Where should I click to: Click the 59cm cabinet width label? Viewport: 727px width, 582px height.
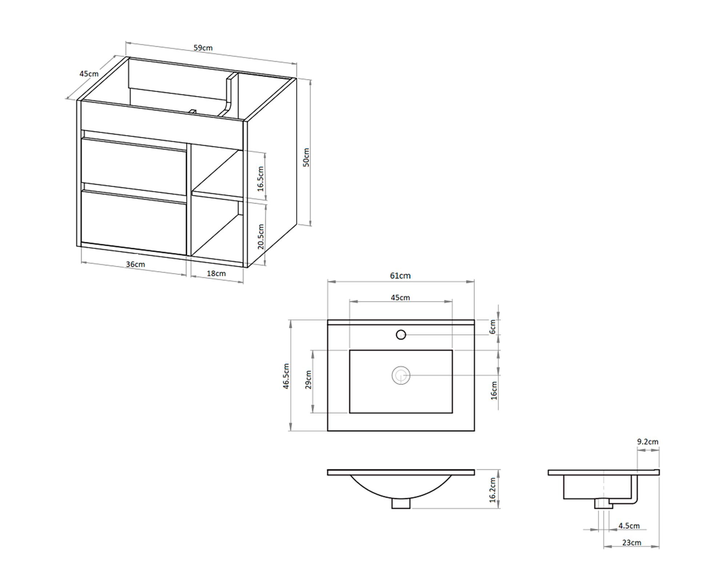tap(203, 48)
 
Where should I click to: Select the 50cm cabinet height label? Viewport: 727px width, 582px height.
tap(306, 157)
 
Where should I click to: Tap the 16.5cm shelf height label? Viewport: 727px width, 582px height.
tap(260, 179)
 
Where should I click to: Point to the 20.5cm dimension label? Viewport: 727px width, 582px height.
tap(261, 236)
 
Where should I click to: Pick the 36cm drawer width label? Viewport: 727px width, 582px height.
tap(135, 264)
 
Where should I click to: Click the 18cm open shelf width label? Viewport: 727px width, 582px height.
tap(216, 273)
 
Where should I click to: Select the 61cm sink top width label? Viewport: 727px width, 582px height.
tap(400, 276)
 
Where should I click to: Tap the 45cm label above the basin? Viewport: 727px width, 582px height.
tap(400, 298)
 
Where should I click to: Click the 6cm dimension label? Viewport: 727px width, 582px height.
tap(493, 327)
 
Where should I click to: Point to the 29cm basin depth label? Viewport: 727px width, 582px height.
tap(308, 380)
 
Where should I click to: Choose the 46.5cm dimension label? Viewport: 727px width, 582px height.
tap(286, 376)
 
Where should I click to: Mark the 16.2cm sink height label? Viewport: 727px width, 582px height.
tap(493, 490)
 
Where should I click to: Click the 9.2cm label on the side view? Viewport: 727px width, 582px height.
tap(648, 442)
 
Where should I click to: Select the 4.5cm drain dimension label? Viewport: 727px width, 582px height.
tap(629, 526)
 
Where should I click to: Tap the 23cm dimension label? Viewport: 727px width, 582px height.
tap(632, 542)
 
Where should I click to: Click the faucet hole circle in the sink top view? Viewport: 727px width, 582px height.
tap(401, 334)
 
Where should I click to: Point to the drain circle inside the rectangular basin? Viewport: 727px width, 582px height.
tap(401, 375)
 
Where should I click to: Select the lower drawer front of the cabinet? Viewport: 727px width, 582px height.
tap(133, 223)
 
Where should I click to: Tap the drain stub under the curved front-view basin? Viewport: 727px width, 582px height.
tap(401, 503)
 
